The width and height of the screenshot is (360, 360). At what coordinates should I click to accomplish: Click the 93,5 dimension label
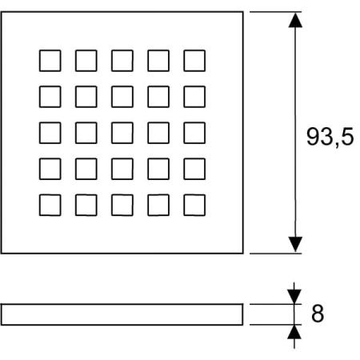click(330, 137)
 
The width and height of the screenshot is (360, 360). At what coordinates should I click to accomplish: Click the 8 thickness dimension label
click(318, 314)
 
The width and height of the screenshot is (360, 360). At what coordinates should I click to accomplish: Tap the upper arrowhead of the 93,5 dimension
click(295, 20)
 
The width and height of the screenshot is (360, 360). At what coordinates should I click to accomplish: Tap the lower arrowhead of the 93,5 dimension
click(295, 244)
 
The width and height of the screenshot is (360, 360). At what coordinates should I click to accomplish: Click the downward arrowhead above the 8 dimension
click(294, 297)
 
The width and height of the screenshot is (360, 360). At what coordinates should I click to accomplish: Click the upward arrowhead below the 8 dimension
click(294, 332)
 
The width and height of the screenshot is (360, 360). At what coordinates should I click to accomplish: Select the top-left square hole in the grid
click(50, 61)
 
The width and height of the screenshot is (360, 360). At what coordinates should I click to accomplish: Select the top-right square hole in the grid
click(194, 61)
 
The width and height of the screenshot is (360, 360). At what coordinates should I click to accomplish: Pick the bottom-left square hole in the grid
click(50, 205)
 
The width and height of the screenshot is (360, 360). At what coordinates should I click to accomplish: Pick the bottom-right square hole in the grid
click(194, 205)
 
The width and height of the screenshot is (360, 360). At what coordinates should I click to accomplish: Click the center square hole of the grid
click(122, 133)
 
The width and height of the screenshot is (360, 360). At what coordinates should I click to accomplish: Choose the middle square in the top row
click(122, 61)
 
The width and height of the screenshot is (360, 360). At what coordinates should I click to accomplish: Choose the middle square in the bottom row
click(122, 205)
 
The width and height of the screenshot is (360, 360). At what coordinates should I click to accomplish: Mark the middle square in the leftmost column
click(50, 133)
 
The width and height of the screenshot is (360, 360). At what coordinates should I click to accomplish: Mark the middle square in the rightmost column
click(194, 133)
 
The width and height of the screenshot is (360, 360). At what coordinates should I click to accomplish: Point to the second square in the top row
click(86, 61)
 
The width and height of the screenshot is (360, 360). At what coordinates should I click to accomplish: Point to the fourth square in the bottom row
click(158, 205)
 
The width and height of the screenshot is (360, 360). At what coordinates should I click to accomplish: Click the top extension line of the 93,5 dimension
click(275, 12)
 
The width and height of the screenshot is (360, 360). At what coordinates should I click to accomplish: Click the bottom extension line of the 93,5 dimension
click(275, 254)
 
